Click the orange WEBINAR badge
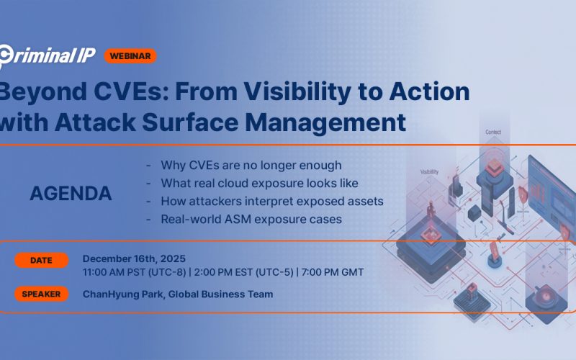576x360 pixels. click(130, 55)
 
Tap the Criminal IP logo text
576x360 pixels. click(47, 56)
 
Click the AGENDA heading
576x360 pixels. click(71, 194)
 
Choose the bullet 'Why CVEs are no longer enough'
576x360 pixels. click(251, 166)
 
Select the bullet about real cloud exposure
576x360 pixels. click(259, 183)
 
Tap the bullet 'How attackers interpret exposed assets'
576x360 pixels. click(272, 201)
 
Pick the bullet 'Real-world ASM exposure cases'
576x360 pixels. click(251, 219)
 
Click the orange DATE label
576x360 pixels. click(41, 261)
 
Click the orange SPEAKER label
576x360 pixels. click(41, 294)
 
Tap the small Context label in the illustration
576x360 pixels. click(493, 132)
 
